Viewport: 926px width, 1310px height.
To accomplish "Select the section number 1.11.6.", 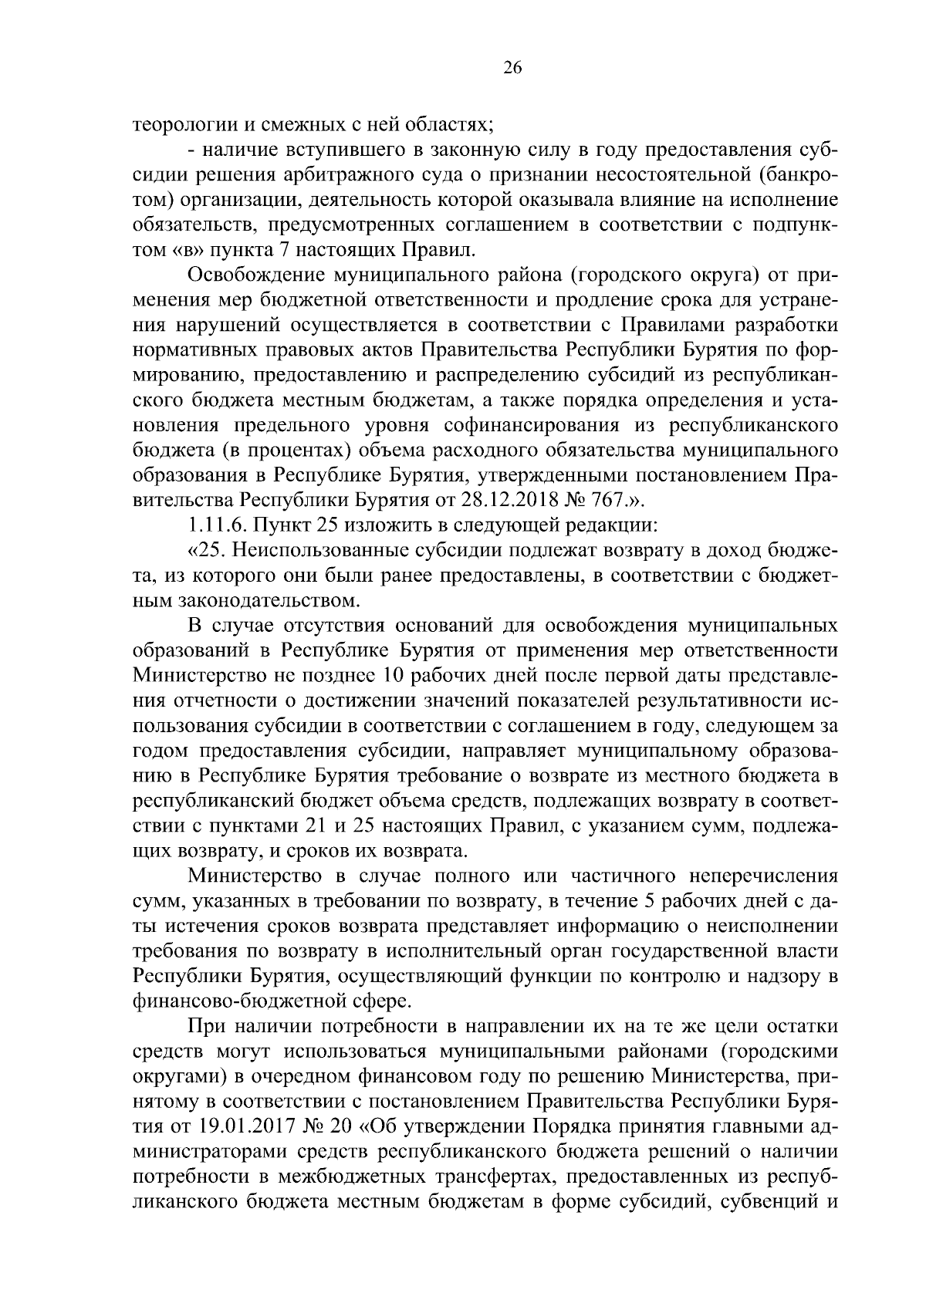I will coord(214,523).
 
